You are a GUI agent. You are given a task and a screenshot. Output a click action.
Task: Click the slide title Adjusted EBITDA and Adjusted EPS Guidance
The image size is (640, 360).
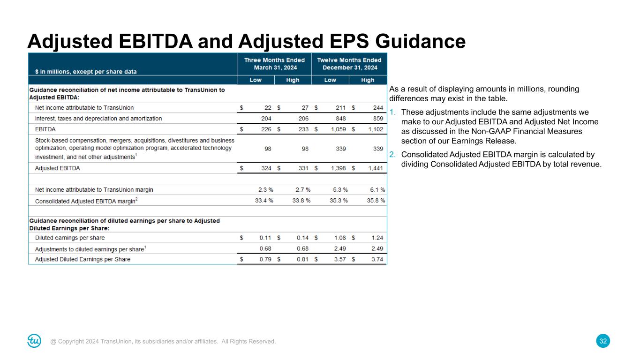[247, 41]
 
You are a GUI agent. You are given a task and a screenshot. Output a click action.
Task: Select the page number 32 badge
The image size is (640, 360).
[603, 341]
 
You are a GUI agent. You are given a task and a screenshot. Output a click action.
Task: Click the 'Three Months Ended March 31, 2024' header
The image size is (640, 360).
[274, 63]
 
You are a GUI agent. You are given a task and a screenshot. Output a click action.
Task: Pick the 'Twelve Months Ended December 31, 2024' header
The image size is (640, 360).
[349, 63]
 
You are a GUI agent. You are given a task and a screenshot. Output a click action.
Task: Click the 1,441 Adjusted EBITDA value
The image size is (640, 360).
[375, 168]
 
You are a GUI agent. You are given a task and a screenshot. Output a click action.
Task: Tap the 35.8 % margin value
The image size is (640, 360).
[376, 200]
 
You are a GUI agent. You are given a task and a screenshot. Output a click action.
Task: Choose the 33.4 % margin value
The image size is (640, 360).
[264, 200]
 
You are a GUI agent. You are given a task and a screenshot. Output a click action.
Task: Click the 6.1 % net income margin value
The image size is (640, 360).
[377, 189]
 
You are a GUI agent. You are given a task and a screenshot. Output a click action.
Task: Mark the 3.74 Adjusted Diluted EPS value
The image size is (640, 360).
[377, 259]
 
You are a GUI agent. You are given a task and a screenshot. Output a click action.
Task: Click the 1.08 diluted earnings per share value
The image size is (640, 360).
[340, 238]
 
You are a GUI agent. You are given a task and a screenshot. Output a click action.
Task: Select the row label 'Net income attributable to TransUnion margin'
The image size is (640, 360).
[94, 189]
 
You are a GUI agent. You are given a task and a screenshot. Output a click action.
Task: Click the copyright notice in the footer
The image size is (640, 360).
[163, 341]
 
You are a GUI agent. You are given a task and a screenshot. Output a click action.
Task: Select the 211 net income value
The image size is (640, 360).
[340, 107]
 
